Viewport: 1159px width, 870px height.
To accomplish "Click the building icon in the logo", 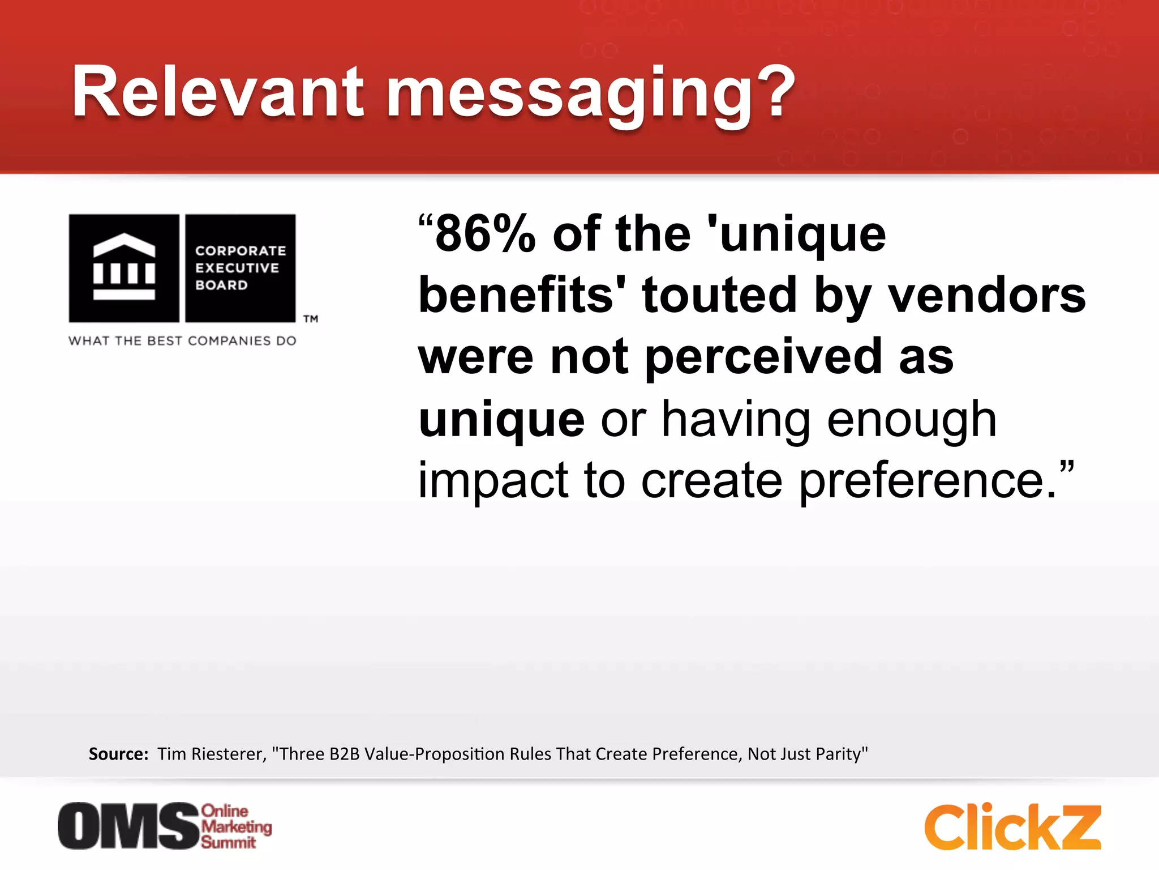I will click(x=124, y=267).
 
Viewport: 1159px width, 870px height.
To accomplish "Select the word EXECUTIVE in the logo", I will click(x=237, y=268).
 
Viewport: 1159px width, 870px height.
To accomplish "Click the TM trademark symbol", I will click(x=311, y=319).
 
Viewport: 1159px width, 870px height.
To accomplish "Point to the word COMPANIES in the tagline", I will click(x=229, y=341).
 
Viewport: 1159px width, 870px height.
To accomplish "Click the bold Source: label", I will click(x=118, y=754).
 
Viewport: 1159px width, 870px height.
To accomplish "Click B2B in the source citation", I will click(x=345, y=754).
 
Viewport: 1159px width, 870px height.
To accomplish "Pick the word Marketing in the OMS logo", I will click(x=237, y=826).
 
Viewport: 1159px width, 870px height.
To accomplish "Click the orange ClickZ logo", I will click(x=1012, y=827).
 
